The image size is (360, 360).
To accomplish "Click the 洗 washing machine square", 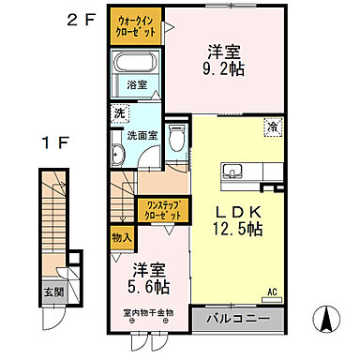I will [x=120, y=112].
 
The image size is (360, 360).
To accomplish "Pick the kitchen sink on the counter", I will [x=233, y=172].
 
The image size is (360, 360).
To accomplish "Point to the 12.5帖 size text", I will [x=236, y=230].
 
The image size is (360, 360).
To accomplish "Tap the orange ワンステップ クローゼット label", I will [x=162, y=209].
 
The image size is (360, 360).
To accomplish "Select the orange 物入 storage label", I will [x=121, y=237].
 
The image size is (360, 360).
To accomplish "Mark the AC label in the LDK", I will [x=273, y=291].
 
